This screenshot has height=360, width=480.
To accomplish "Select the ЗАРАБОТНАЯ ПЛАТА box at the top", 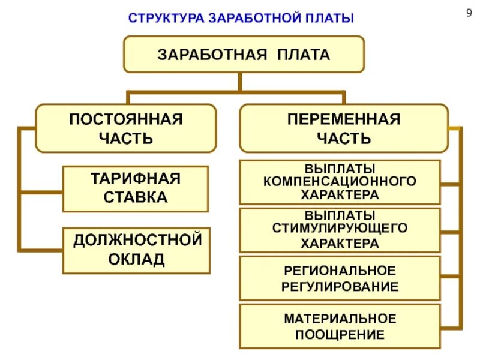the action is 244,55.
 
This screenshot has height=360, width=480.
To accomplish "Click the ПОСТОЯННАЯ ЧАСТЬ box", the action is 125,128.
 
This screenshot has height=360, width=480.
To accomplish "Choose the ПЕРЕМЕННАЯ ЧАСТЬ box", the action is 343,128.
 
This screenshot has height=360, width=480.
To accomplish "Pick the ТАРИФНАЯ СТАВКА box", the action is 135,188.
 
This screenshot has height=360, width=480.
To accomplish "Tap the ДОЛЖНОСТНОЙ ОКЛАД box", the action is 137,250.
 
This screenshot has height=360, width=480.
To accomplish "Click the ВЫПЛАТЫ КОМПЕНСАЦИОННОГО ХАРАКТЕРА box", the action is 340,182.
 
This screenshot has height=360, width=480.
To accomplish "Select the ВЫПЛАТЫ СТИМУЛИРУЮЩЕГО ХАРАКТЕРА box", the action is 340,230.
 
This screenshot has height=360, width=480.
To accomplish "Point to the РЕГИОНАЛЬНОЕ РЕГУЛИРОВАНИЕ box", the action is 340,278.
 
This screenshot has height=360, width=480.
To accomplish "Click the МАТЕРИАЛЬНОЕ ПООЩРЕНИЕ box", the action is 340,326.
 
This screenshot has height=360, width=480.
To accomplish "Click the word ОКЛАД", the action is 136,260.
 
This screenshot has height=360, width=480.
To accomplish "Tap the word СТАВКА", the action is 136,197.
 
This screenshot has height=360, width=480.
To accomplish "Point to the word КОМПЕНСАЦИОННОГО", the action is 340,181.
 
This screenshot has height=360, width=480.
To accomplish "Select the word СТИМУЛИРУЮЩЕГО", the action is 340,229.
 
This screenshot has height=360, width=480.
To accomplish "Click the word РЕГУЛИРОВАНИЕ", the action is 340,286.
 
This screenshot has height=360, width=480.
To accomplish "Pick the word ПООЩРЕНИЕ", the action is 340,334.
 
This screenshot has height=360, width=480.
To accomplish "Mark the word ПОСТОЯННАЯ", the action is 125,119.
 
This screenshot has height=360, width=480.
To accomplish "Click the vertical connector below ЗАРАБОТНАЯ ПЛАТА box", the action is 239,82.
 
